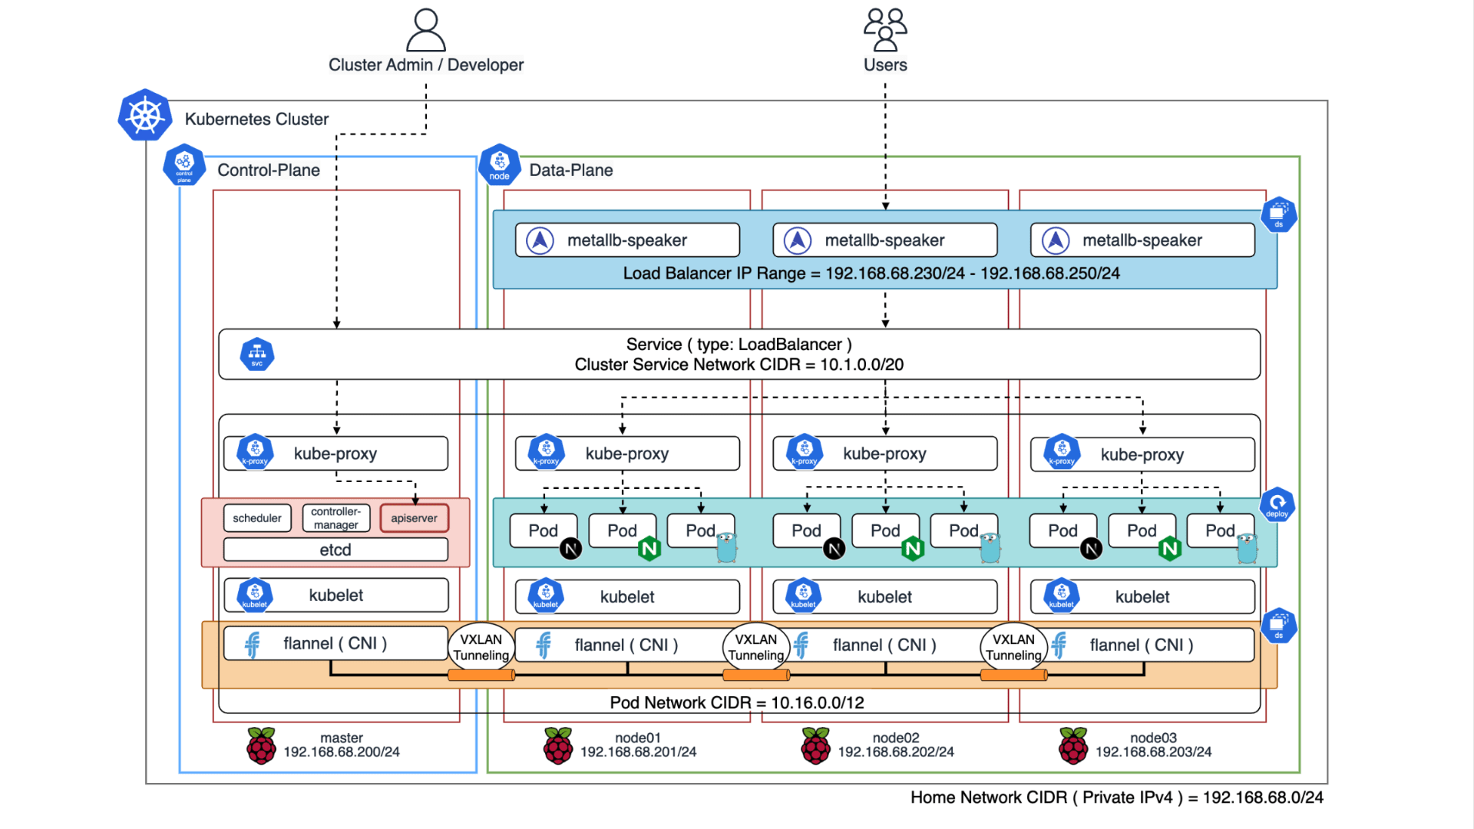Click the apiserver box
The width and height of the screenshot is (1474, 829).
tap(414, 518)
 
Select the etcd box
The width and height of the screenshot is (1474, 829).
tap(335, 550)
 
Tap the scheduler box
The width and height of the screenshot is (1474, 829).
tap(257, 518)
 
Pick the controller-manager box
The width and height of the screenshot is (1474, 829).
tap(335, 518)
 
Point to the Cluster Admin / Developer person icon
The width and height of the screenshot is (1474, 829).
tap(426, 30)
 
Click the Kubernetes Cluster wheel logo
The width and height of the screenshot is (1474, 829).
tap(144, 116)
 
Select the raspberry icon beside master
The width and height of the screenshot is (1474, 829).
tap(261, 745)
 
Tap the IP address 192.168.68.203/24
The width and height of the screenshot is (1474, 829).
tap(1153, 752)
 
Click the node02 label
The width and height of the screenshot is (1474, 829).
tap(896, 738)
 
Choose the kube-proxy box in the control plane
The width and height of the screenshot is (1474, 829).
tap(335, 454)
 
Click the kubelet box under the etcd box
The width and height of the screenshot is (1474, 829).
tap(335, 596)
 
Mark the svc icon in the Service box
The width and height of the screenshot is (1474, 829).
tap(257, 354)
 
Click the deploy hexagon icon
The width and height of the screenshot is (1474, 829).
tap(1277, 504)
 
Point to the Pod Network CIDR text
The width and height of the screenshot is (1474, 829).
tap(737, 702)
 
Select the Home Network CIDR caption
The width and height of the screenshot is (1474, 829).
tap(1116, 798)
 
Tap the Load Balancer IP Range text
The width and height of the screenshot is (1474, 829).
tap(871, 273)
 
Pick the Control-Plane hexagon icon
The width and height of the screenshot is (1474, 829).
tap(184, 164)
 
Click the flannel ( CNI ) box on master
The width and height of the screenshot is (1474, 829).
tap(335, 643)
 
